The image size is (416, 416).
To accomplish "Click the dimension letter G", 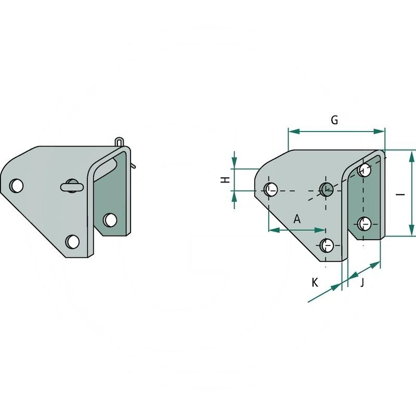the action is point(334,120).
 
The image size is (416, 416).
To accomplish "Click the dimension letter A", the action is point(297,219).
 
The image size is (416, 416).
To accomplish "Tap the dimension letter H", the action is point(225,180).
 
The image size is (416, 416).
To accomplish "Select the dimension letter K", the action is point(315,282).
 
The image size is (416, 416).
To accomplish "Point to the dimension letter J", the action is point(362,282).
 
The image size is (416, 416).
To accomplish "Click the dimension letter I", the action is point(400,194).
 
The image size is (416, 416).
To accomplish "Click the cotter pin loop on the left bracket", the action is point(120,141).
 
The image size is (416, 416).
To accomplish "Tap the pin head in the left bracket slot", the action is point(71,186).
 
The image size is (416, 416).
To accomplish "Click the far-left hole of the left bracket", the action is point(17,186).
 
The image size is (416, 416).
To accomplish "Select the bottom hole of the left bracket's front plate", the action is point(72,241).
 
